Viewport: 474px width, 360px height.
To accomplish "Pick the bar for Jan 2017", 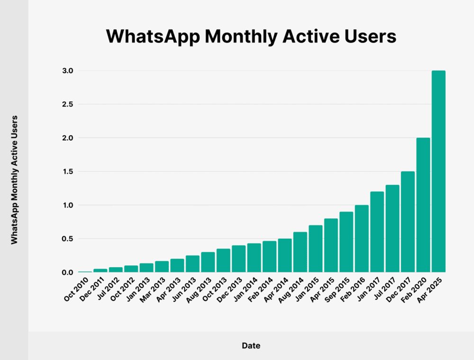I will click(377, 232).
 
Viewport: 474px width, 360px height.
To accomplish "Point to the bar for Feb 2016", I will click(362, 239).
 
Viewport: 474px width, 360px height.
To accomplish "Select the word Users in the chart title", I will click(368, 36).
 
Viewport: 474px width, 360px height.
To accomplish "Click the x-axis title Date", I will click(251, 345).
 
